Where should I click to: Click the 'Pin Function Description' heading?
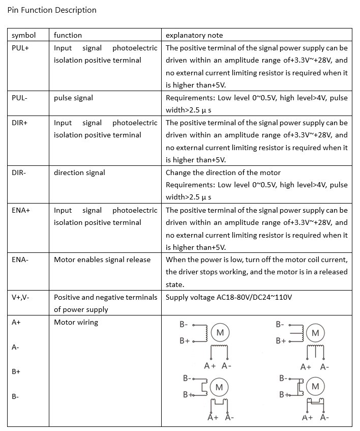pyautogui.click(x=52, y=10)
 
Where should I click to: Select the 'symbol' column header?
pyautogui.click(x=23, y=35)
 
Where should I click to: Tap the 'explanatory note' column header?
pyautogui.click(x=194, y=35)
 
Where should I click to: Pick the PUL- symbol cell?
pyautogui.click(x=20, y=98)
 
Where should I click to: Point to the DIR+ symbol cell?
pyautogui.click(x=21, y=123)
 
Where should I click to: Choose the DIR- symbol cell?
pyautogui.click(x=19, y=173)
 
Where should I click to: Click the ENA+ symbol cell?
pyautogui.click(x=21, y=210)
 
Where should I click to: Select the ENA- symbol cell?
pyautogui.click(x=20, y=260)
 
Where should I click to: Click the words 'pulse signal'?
pyautogui.click(x=73, y=98)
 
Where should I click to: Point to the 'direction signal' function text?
pyautogui.click(x=79, y=173)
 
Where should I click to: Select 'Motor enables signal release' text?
pyautogui.click(x=102, y=260)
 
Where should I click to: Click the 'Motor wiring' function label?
pyautogui.click(x=76, y=322)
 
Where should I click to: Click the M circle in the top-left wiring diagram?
pyautogui.click(x=220, y=333)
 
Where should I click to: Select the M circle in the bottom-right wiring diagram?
pyautogui.click(x=315, y=386)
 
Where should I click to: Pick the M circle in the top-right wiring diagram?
pyautogui.click(x=315, y=333)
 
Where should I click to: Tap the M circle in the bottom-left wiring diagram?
pyautogui.click(x=219, y=387)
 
